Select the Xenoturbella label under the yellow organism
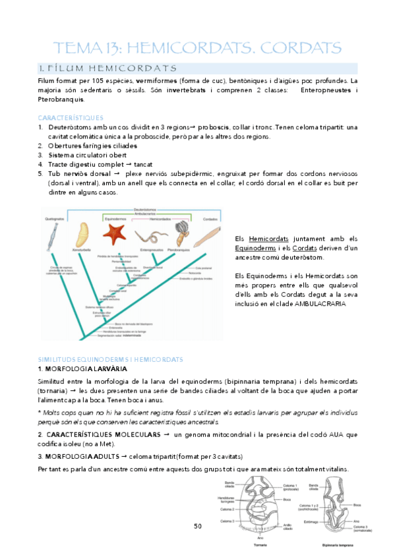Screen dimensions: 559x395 point(82,249)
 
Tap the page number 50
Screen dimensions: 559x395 point(198,526)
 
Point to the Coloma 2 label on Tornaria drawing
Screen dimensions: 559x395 point(226,509)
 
